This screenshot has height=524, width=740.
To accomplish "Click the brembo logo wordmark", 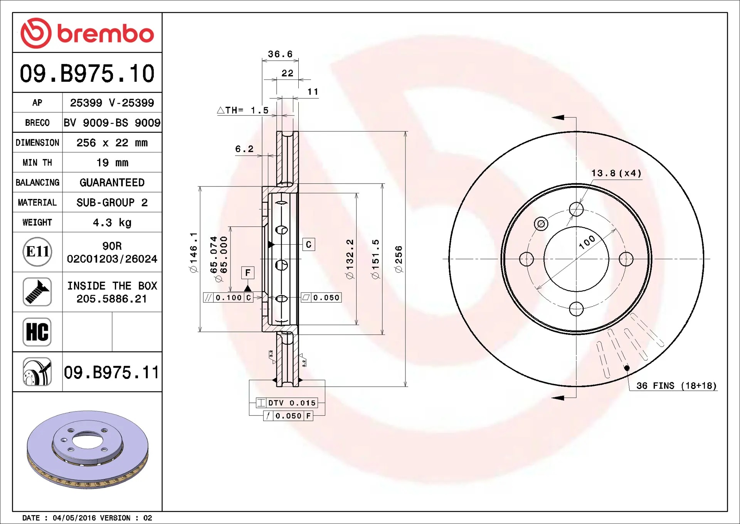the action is (106, 34).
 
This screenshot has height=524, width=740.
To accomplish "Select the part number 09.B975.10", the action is (87, 73).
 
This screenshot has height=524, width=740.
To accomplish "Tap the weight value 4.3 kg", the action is (112, 223).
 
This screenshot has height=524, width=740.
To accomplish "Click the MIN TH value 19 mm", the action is (112, 162).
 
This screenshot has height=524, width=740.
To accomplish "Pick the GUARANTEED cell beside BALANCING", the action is (112, 183).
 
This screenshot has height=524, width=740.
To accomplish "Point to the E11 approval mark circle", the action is (37, 252).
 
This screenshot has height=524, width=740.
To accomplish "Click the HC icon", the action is (37, 332).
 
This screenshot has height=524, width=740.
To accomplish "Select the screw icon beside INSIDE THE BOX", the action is (37, 292).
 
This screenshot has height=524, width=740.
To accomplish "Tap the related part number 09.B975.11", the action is (111, 372).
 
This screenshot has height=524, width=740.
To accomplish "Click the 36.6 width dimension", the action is (280, 54).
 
